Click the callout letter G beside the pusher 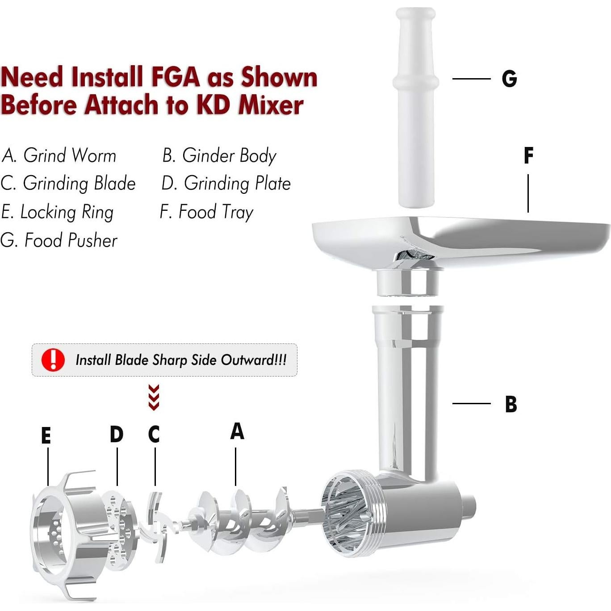tap(509, 79)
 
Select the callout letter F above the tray tap(528, 155)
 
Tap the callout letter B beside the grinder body tap(511, 404)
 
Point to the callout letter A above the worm tap(237, 431)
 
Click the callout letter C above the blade tap(154, 434)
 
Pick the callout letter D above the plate tap(117, 434)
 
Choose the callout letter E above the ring tap(46, 435)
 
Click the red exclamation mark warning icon tap(53, 360)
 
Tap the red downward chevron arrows tap(154, 397)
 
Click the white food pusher tap(415, 107)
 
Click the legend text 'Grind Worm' tap(70, 155)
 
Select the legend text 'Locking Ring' tap(67, 212)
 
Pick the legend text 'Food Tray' tap(216, 212)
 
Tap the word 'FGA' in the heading tap(176, 77)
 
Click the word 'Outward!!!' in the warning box tap(254, 360)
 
